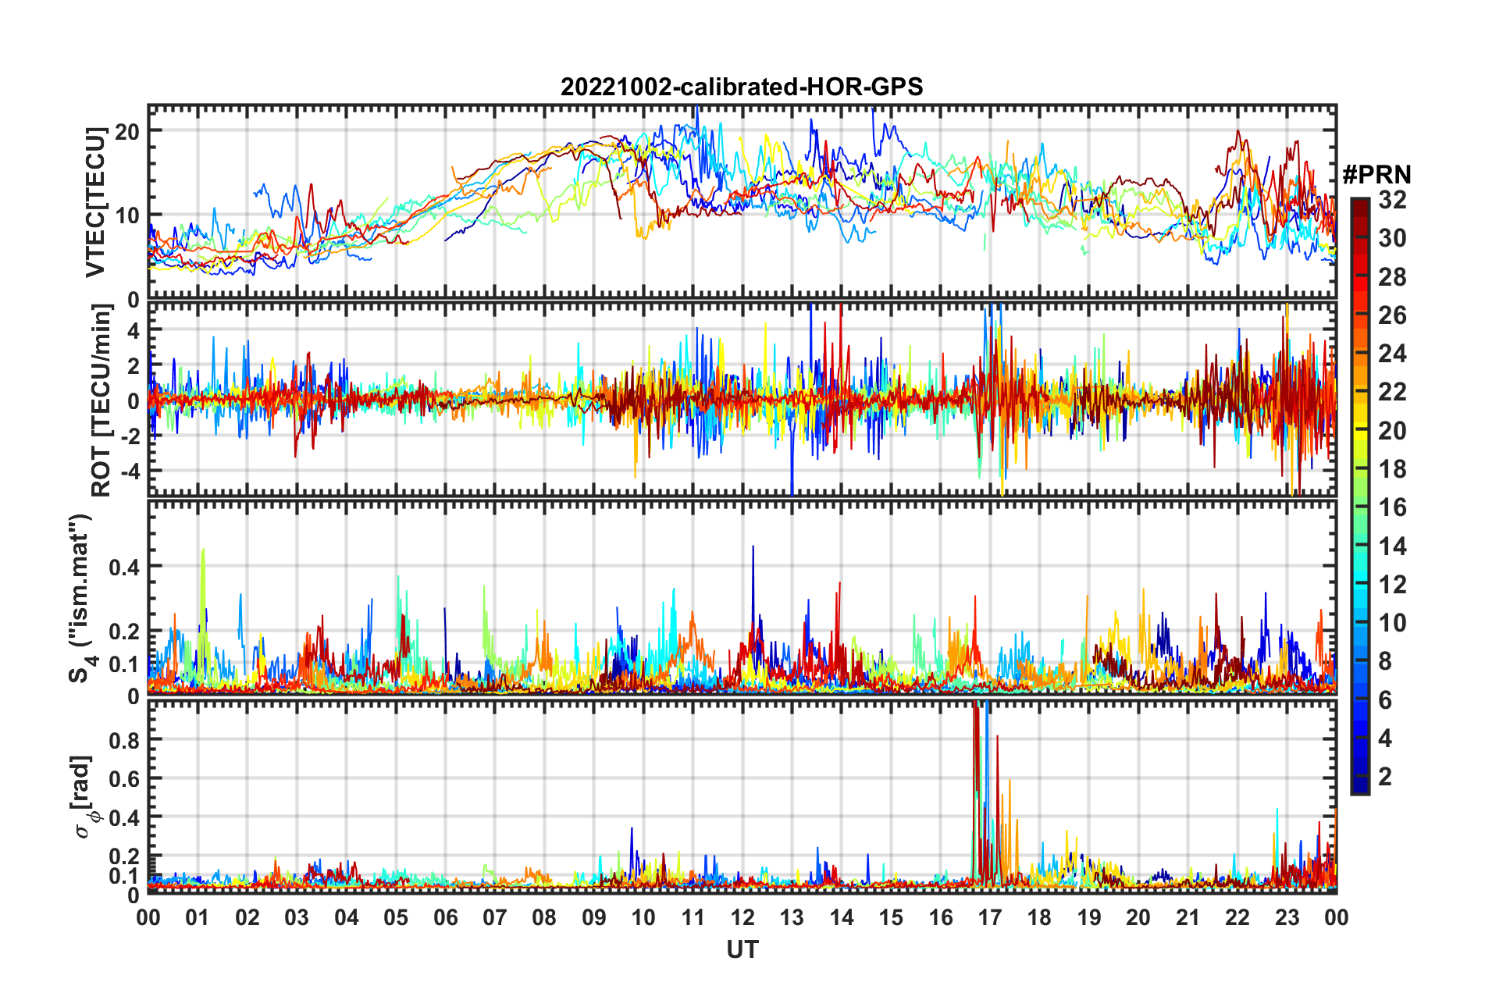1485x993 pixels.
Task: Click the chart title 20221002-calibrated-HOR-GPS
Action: (x=742, y=87)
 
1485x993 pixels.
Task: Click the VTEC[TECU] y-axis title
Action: (x=95, y=202)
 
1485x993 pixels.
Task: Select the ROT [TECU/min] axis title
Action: (x=101, y=400)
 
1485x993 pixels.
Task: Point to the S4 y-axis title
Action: (x=81, y=598)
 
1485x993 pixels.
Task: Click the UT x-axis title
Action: (x=742, y=949)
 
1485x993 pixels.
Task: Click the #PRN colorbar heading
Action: (x=1376, y=175)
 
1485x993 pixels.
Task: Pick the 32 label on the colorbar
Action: (x=1392, y=200)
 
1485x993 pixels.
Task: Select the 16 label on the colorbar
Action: (x=1392, y=507)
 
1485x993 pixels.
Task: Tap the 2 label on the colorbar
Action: (x=1385, y=776)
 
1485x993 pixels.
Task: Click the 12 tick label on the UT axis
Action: (x=742, y=917)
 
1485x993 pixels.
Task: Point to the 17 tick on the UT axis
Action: (x=989, y=917)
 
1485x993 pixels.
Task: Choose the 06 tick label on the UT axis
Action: (x=445, y=917)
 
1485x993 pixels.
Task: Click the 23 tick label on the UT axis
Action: (x=1287, y=917)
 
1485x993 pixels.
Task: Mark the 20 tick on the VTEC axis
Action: (x=127, y=131)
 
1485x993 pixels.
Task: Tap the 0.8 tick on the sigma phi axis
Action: (x=124, y=739)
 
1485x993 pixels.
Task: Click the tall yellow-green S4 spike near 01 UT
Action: (x=203, y=551)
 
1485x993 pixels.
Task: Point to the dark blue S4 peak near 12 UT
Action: (x=753, y=548)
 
